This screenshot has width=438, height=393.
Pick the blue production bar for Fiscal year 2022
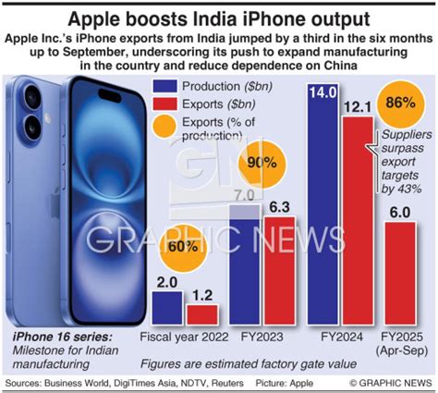pyautogui.click(x=166, y=308)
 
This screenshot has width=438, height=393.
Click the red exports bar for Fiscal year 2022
pyautogui.click(x=201, y=314)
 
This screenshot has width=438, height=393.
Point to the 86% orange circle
pyautogui.click(x=400, y=103)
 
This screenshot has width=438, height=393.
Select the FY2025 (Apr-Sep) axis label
pyautogui.click(x=398, y=343)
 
